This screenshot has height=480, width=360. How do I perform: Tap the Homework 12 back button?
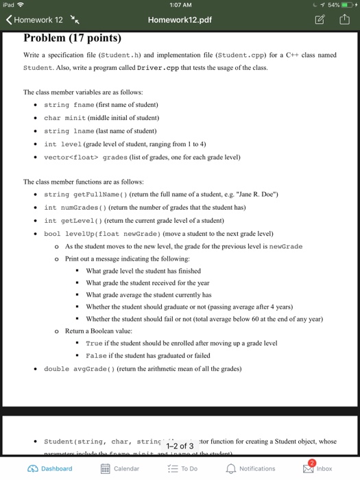pos(34,20)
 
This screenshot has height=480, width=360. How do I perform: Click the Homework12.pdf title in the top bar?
pos(180,20)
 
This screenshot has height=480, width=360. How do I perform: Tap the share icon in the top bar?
pos(344,20)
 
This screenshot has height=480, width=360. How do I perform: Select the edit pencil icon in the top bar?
pos(321,20)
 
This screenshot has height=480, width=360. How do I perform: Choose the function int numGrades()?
pos(73,207)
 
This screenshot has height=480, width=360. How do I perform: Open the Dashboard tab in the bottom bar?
pos(49,468)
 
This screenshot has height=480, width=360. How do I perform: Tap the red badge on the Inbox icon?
pos(313,463)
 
